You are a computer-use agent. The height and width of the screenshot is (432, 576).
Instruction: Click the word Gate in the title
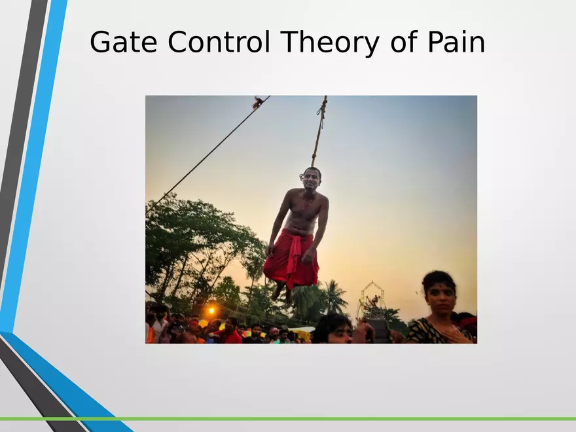124,42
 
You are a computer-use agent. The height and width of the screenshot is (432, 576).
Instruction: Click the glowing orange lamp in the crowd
211,310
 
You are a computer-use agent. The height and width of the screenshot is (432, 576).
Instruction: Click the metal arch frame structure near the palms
372,298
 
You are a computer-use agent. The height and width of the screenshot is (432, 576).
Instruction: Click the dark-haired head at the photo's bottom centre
333,329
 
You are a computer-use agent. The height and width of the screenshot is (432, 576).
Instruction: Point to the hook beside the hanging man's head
302,176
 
